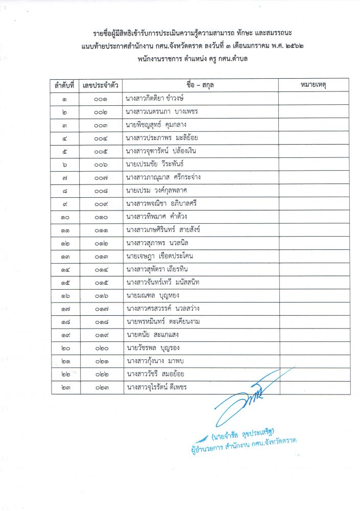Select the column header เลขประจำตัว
pyautogui.click(x=101, y=85)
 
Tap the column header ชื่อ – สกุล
pyautogui.click(x=201, y=85)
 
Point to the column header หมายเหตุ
pyautogui.click(x=314, y=85)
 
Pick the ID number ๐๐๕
pyautogui.click(x=101, y=151)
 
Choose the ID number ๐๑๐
pyautogui.click(x=101, y=217)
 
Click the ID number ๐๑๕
pyautogui.click(x=101, y=283)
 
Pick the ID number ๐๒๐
pyautogui.click(x=101, y=349)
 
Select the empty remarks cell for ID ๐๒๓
pyautogui.click(x=314, y=388)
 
